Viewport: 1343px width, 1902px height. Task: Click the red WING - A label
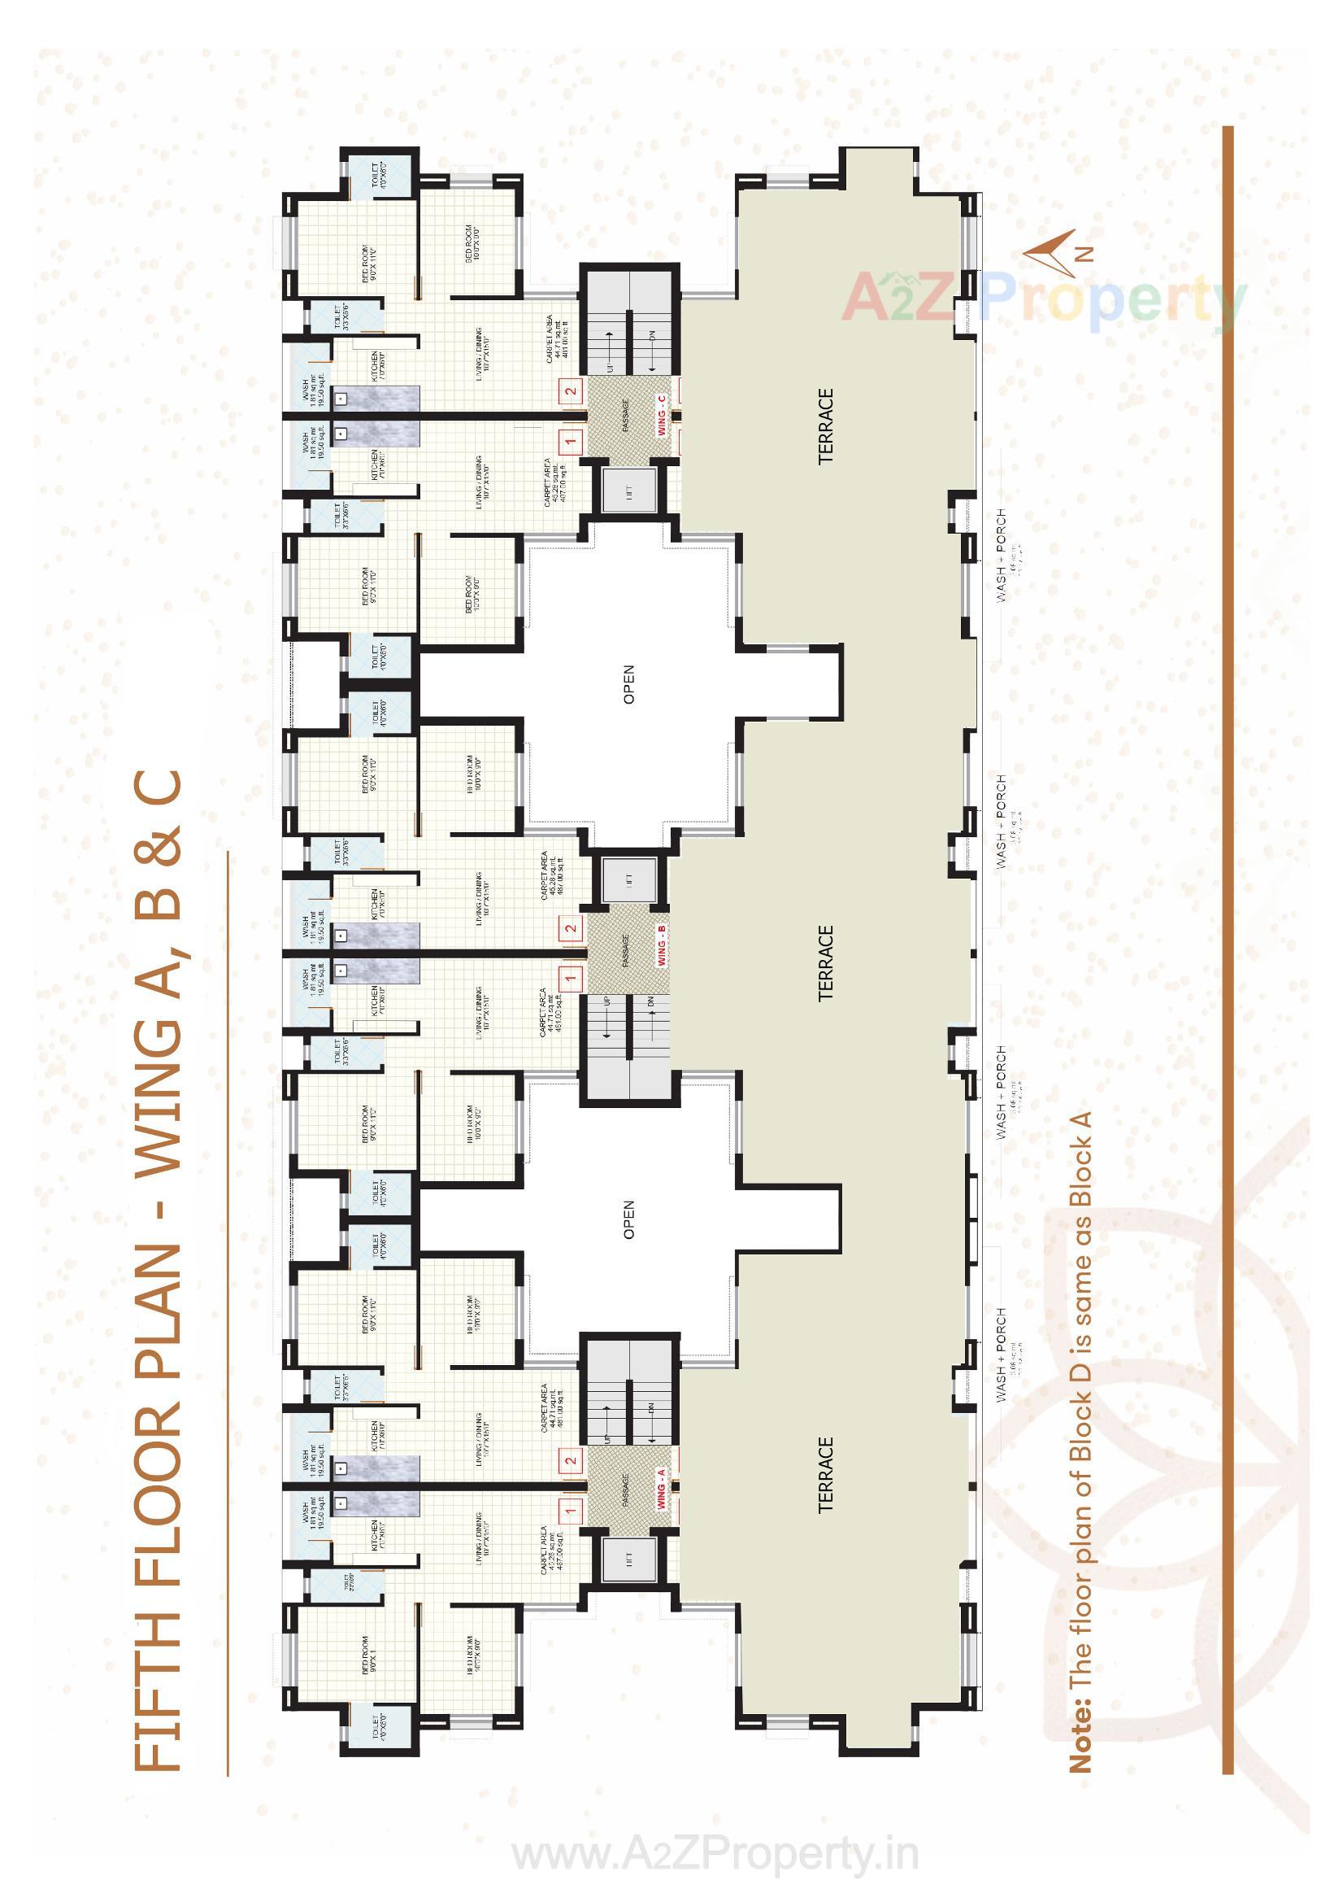[662, 1487]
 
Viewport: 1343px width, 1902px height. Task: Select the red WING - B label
[662, 944]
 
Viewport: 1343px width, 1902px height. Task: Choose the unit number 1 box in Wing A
[571, 1511]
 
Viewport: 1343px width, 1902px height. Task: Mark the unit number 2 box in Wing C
[570, 392]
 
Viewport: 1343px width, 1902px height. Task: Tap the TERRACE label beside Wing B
[825, 962]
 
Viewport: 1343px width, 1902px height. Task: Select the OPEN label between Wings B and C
[628, 684]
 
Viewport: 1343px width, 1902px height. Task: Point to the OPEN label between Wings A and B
[628, 1219]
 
